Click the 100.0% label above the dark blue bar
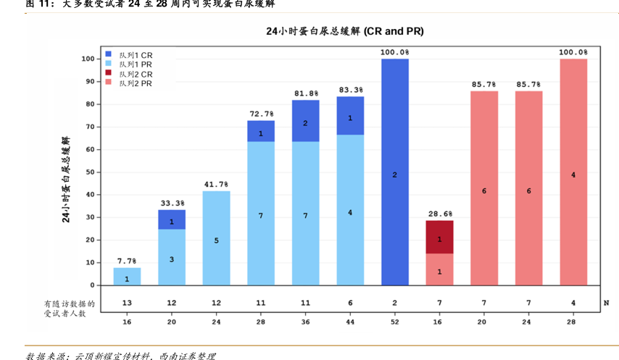pos(395,52)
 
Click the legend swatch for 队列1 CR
pos(109,54)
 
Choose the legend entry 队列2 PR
pos(135,83)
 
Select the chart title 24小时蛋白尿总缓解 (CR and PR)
pos(344,32)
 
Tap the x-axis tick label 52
pos(395,320)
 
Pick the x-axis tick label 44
pos(350,320)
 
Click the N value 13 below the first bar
pos(127,302)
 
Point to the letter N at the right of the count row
pos(606,302)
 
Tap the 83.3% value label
pos(351,90)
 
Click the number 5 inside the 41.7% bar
pos(216,240)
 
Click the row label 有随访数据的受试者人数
pos(69,308)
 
